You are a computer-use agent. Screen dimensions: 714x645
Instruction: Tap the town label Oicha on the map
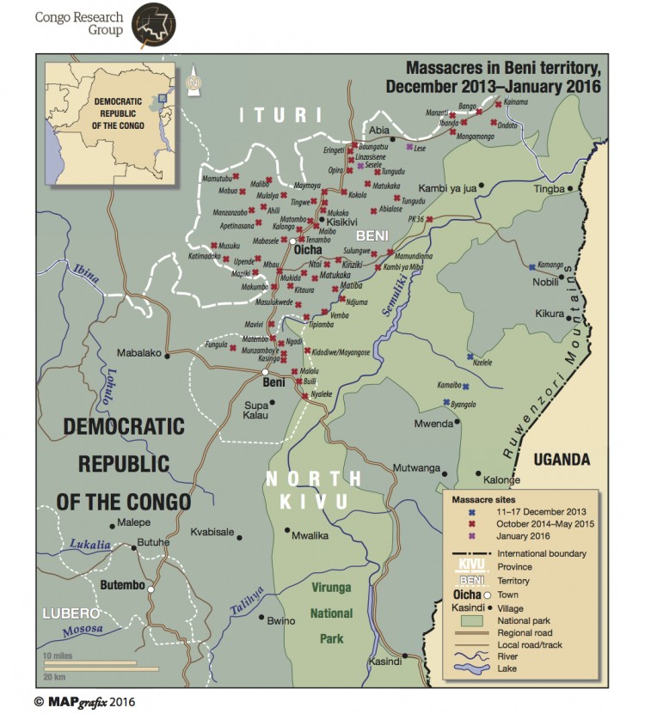(307, 250)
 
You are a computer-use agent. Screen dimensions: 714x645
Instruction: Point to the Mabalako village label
(138, 351)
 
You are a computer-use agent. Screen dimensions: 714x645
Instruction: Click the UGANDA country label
(562, 460)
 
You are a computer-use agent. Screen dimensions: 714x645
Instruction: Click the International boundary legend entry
(543, 553)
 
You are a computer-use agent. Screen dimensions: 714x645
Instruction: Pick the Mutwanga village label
(414, 468)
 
